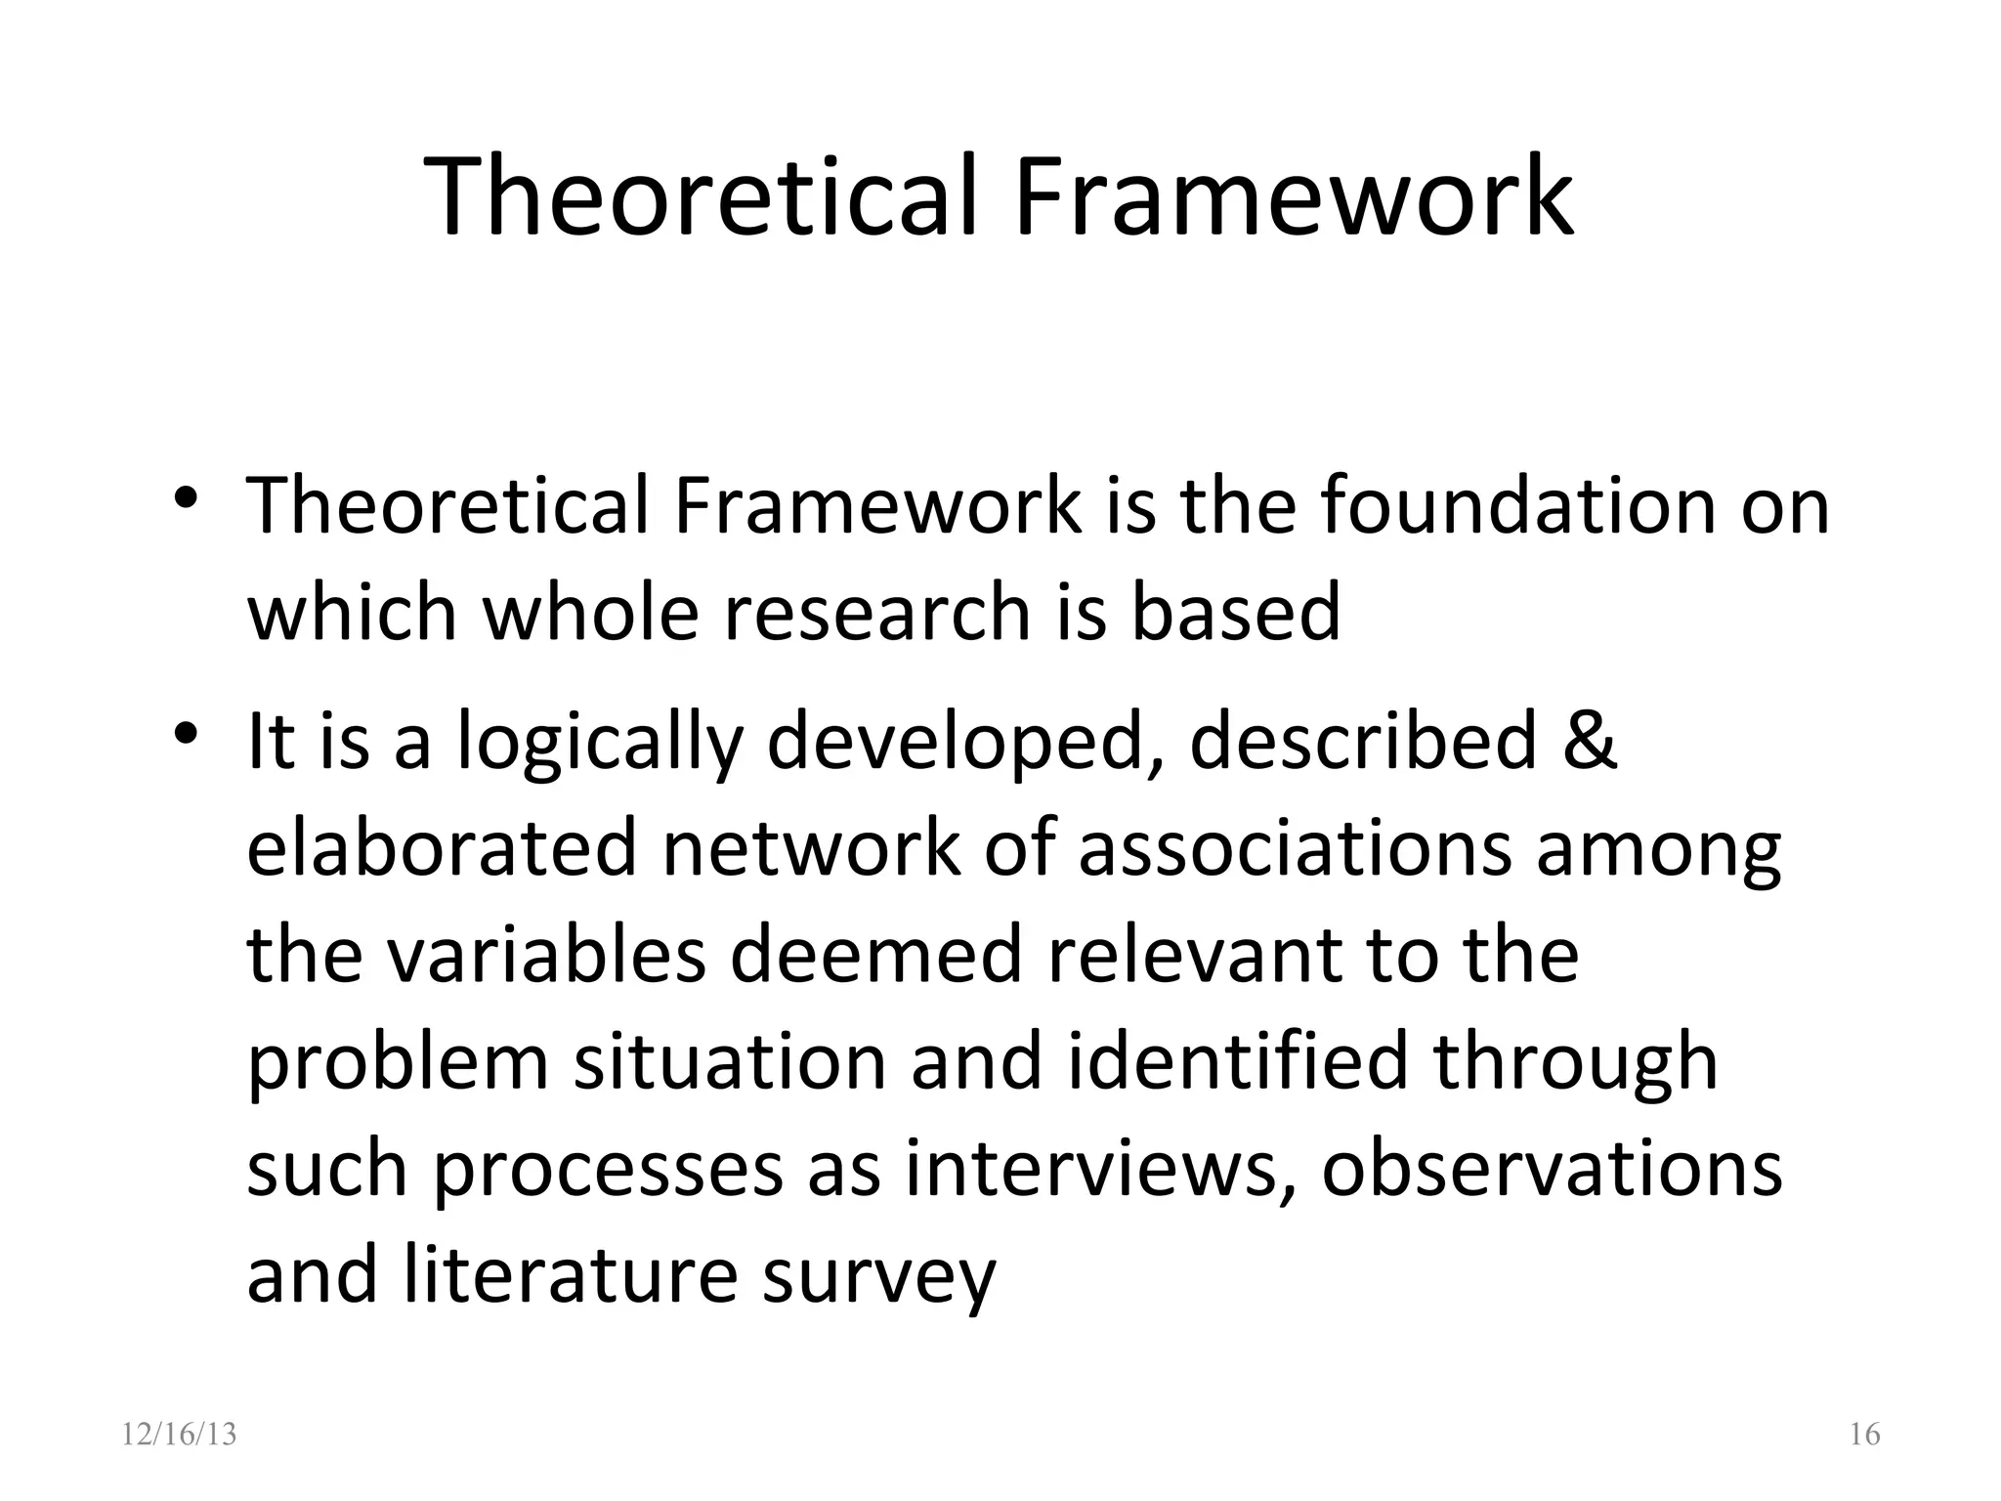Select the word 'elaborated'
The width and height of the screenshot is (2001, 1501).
coord(442,848)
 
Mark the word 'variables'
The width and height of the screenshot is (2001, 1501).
coord(546,955)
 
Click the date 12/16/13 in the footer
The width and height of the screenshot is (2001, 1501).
coord(180,1435)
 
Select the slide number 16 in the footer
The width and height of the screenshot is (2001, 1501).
coord(1864,1435)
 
